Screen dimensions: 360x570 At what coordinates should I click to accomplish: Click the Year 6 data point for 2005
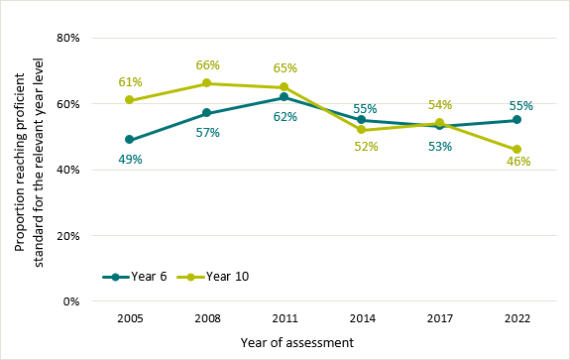pyautogui.click(x=130, y=140)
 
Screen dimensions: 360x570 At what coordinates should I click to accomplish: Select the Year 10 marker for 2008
pyautogui.click(x=207, y=83)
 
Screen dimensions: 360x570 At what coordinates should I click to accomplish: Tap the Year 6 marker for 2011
pyautogui.click(x=285, y=97)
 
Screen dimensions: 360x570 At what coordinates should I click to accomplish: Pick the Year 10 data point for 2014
pyautogui.click(x=362, y=130)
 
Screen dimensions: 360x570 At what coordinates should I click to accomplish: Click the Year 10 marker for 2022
pyautogui.click(x=517, y=150)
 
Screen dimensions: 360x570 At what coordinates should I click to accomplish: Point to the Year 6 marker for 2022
pyautogui.click(x=517, y=120)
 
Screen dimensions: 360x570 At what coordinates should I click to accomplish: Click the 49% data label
pyautogui.click(x=131, y=159)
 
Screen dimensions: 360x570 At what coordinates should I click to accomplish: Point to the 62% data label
pyautogui.click(x=285, y=116)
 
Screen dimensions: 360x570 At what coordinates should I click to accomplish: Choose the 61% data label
pyautogui.click(x=131, y=81)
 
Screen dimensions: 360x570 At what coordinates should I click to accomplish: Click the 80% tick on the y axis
pyautogui.click(x=68, y=38)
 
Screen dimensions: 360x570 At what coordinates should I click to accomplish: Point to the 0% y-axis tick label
pyautogui.click(x=71, y=301)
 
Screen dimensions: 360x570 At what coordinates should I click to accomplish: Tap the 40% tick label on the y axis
pyautogui.click(x=68, y=170)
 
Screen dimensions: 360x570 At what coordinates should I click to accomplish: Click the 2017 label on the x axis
pyautogui.click(x=439, y=319)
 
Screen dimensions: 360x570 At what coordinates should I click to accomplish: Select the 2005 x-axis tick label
pyautogui.click(x=130, y=319)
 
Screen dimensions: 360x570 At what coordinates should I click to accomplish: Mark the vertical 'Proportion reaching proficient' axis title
pyautogui.click(x=27, y=170)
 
